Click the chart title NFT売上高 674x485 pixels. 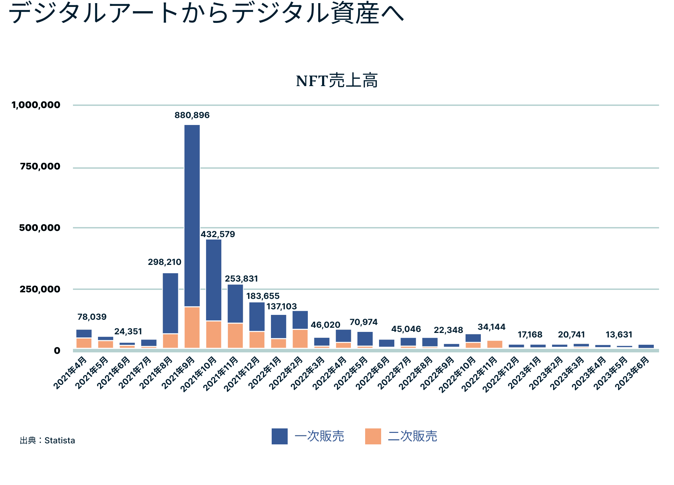pos(337,81)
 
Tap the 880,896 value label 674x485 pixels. pos(192,115)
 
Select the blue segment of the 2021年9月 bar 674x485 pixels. pos(192,215)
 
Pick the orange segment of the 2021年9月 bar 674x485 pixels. pos(192,327)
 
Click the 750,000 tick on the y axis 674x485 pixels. pos(40,166)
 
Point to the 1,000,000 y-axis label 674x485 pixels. pos(36,105)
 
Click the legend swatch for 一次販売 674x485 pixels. pos(279,436)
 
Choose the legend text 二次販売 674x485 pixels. pos(412,436)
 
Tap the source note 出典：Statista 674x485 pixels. pos(48,440)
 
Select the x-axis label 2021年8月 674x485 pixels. pos(157,373)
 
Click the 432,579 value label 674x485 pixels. pos(218,234)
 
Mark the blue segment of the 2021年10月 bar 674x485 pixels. pos(214,279)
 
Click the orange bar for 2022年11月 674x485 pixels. pos(495,344)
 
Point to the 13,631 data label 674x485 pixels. pos(619,335)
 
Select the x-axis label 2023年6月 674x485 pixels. pos(633,373)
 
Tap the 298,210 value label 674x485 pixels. pos(164,262)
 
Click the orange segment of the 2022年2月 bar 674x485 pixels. pos(300,338)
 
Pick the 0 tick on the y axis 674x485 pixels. pos(57,351)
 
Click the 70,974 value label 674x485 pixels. pos(363,322)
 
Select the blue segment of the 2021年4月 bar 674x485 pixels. pos(84,333)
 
